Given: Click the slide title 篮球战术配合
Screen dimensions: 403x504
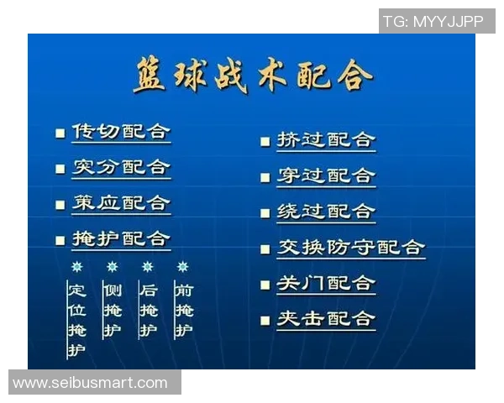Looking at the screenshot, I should [x=252, y=76].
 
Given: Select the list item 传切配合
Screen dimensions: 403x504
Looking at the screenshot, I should [x=121, y=133].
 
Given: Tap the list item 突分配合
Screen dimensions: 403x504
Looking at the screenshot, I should [x=121, y=168].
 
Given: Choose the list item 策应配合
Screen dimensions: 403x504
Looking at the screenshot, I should [x=121, y=204].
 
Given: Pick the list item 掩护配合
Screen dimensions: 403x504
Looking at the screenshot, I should [x=121, y=239].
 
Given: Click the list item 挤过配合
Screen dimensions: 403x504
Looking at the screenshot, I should [x=326, y=140].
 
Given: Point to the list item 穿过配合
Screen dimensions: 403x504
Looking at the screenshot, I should [x=326, y=176].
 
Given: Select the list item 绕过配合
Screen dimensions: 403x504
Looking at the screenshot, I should [x=326, y=212].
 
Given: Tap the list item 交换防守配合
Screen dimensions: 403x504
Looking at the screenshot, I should [x=351, y=248].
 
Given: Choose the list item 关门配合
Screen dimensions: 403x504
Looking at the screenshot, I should [x=326, y=284].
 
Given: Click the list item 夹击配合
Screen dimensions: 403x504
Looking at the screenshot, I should [x=326, y=319].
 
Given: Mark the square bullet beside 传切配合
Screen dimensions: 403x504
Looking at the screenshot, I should [x=60, y=133].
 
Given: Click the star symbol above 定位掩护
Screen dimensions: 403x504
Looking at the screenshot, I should [x=76, y=267].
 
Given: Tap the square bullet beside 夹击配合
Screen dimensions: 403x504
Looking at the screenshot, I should [x=265, y=320].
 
